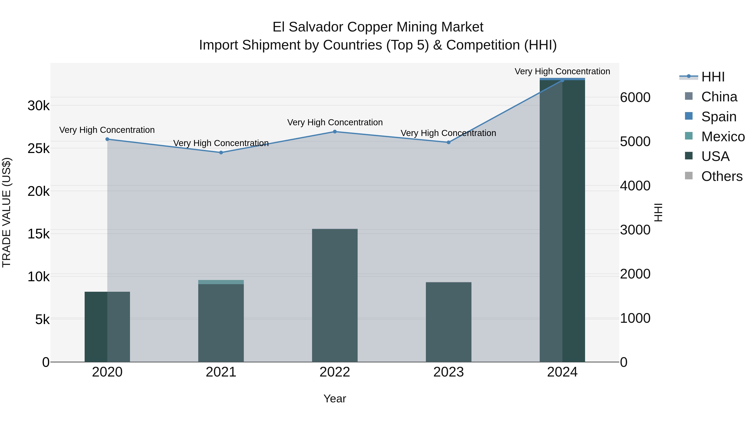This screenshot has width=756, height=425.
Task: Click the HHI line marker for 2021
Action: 221,153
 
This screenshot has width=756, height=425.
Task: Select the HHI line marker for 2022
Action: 335,132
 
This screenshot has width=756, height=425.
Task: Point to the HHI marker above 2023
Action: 448,142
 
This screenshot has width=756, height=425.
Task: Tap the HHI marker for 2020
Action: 107,139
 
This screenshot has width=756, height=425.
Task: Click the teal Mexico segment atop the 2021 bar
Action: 221,282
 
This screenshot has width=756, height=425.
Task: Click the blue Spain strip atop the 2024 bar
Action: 562,79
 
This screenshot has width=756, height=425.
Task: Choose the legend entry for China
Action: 719,97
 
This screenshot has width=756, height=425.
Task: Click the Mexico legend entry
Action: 723,137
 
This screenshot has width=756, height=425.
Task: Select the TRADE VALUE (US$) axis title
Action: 7,212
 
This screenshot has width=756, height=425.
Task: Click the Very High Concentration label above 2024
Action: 562,72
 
